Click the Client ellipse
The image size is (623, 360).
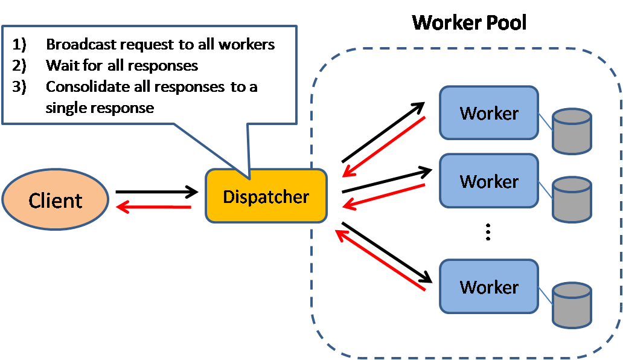pos(56,200)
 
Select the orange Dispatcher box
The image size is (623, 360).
pos(266,196)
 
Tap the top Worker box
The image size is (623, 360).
pos(489,112)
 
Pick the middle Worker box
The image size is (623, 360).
pos(489,181)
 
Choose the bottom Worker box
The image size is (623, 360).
pos(489,286)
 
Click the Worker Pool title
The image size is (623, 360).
pos(469,23)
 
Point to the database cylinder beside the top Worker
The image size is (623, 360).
pos(572,130)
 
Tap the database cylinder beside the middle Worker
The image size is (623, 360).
pos(572,198)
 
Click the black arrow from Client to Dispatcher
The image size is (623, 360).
pos(157,192)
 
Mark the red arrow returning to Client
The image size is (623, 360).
pos(154,207)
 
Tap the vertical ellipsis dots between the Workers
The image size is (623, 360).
pos(488,233)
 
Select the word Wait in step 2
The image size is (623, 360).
pos(59,65)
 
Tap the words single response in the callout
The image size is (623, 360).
pos(100,108)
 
